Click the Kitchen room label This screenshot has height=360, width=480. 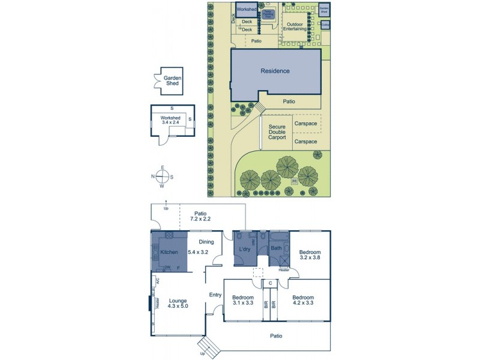(169, 252)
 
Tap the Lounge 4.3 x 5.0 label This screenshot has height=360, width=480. (178, 304)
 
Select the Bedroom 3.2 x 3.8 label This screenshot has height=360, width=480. (310, 254)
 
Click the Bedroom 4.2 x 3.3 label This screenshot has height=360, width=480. (302, 300)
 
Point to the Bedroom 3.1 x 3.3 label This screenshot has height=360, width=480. (243, 300)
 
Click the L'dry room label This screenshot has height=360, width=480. (244, 248)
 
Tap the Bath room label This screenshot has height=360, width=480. (276, 247)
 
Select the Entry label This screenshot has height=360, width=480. (215, 294)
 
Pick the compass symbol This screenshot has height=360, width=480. (161, 176)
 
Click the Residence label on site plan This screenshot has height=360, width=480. (275, 71)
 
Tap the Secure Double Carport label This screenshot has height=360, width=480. (277, 131)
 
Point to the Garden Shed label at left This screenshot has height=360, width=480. (172, 80)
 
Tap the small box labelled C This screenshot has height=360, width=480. (271, 283)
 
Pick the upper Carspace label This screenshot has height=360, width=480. (305, 124)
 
